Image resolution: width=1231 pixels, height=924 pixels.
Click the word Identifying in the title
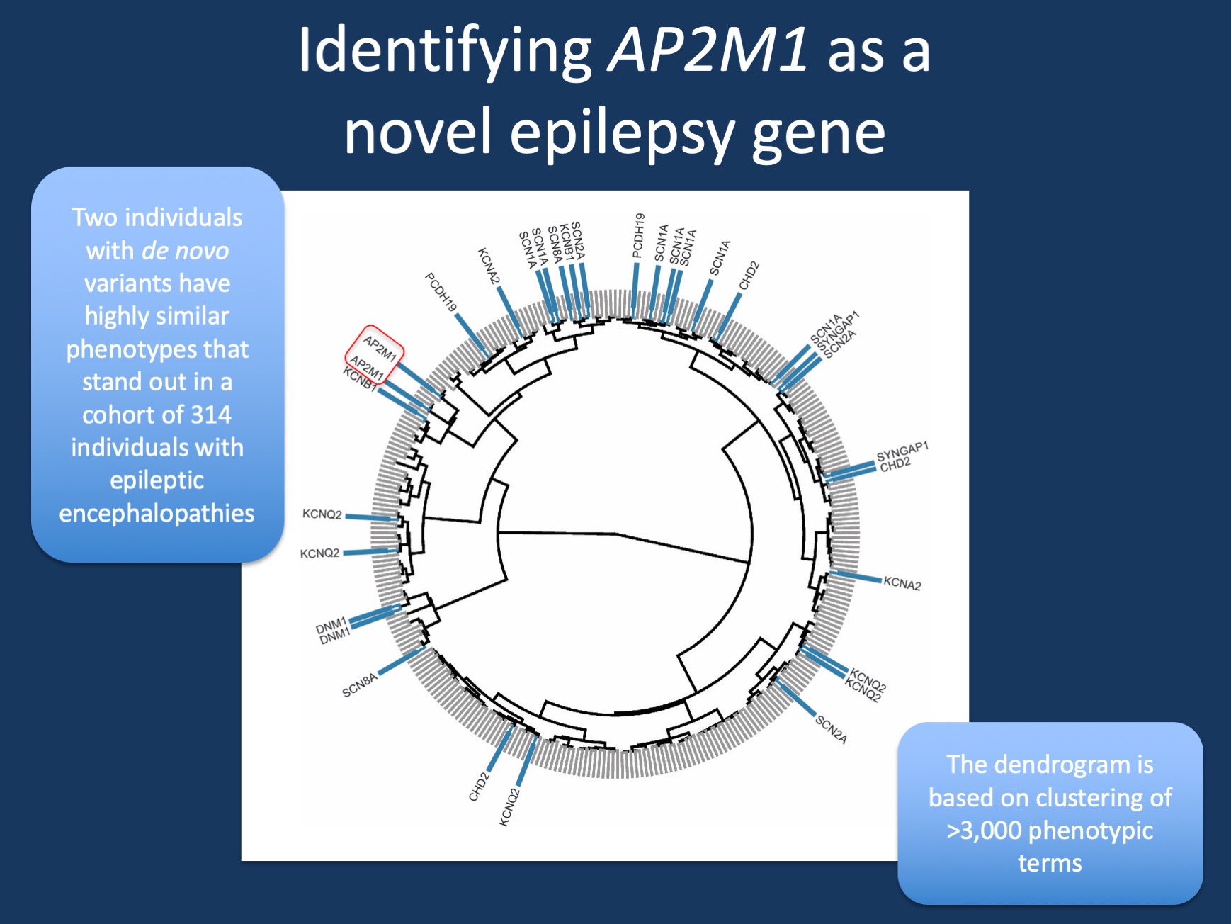point(444,51)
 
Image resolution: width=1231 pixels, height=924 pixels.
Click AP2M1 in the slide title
point(708,51)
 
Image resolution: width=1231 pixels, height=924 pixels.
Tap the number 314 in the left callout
point(210,415)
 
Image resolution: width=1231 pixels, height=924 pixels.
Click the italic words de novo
point(186,251)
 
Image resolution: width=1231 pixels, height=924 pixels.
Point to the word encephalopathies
point(157,513)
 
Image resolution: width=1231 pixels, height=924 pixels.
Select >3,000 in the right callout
point(984,830)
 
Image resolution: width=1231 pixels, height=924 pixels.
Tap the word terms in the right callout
point(1050,863)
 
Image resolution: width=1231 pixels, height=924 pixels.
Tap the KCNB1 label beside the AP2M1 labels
point(359,380)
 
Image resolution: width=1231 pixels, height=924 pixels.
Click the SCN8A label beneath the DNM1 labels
point(360,685)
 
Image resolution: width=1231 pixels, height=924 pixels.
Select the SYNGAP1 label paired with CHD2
point(902,451)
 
